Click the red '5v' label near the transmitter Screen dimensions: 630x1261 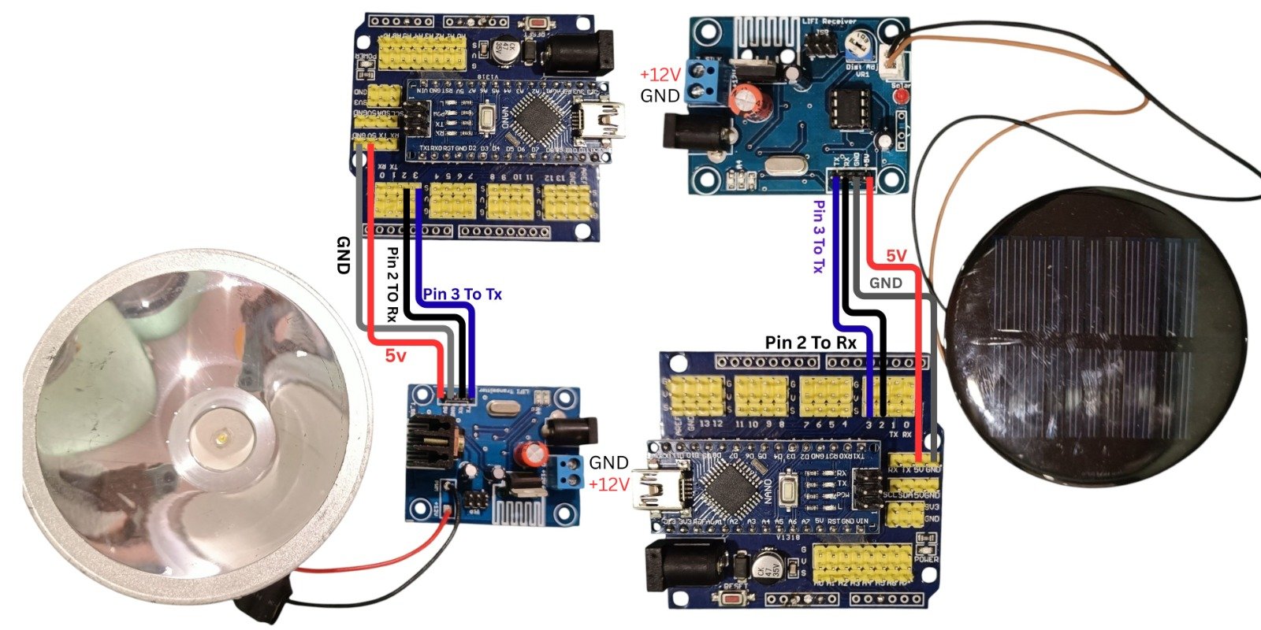pyautogui.click(x=396, y=356)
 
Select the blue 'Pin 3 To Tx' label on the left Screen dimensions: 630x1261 pyautogui.click(x=463, y=295)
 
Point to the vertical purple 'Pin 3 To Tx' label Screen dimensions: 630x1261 pyautogui.click(x=819, y=236)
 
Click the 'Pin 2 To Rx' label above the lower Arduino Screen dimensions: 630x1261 pyautogui.click(x=810, y=343)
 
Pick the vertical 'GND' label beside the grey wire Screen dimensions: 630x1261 pyautogui.click(x=343, y=254)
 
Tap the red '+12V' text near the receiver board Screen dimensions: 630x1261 pyautogui.click(x=660, y=75)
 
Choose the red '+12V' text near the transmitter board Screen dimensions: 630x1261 pyautogui.click(x=609, y=484)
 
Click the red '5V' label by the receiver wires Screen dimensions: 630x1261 pyautogui.click(x=896, y=256)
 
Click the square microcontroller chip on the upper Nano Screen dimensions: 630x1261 pyautogui.click(x=530, y=122)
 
